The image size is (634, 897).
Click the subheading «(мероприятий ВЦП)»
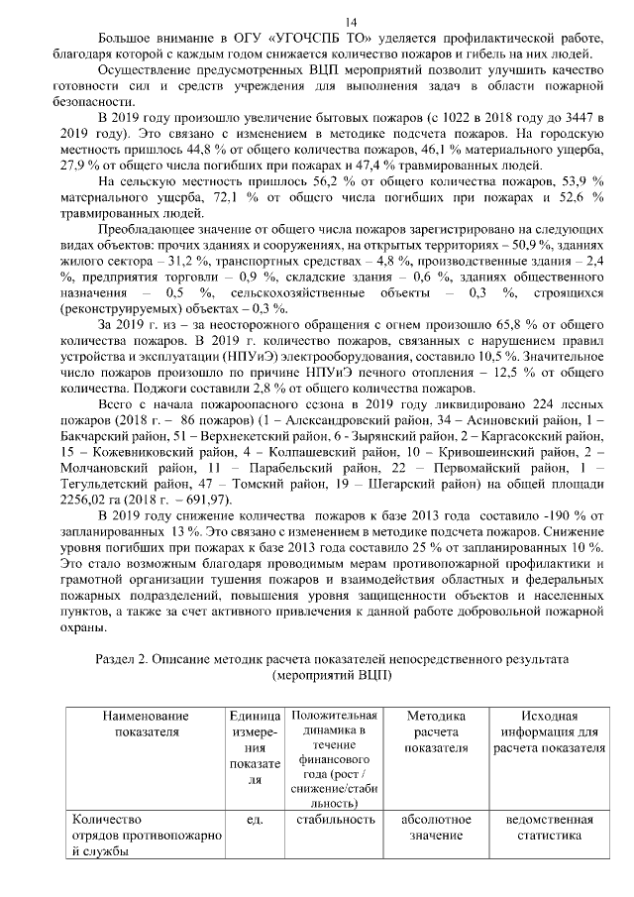pyautogui.click(x=331, y=674)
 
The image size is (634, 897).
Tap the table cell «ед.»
pyautogui.click(x=253, y=820)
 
